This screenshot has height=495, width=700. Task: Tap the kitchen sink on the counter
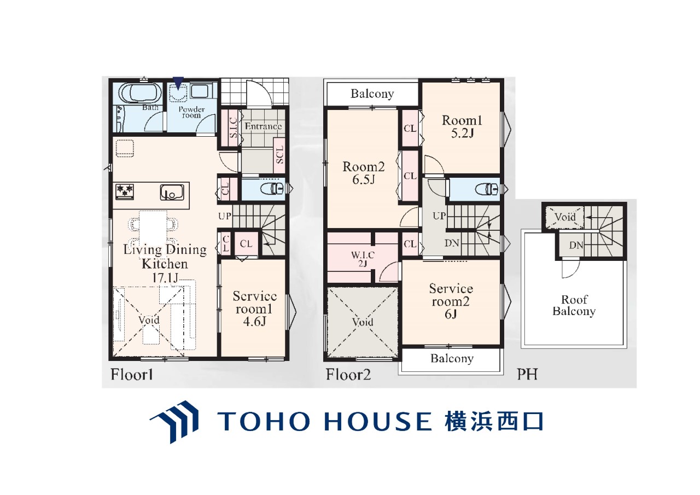[x=172, y=192]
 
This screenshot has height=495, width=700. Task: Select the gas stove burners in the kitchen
[x=125, y=191]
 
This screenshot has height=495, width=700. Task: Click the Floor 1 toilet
[x=273, y=189]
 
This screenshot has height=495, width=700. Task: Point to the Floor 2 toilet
[x=487, y=189]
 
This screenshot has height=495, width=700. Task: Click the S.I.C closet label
[x=234, y=127]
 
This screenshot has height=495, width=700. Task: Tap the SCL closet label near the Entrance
[x=279, y=155]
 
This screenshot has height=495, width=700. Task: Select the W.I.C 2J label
[x=362, y=259]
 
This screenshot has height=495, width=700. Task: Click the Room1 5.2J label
[x=462, y=126]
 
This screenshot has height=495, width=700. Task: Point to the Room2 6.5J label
[x=364, y=173]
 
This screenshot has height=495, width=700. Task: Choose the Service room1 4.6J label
[x=254, y=308]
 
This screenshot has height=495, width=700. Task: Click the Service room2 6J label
[x=451, y=301]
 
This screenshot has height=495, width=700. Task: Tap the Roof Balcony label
[x=574, y=305]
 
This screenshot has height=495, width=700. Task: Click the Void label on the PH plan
[x=565, y=217]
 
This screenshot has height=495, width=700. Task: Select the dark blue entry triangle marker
[x=178, y=83]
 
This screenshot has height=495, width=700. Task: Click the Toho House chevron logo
[x=174, y=422]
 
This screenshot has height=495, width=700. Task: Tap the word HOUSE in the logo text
[x=378, y=421]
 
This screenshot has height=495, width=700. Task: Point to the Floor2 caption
[x=348, y=374]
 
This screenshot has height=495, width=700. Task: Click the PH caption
[x=527, y=374]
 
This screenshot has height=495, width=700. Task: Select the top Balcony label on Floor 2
[x=372, y=94]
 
